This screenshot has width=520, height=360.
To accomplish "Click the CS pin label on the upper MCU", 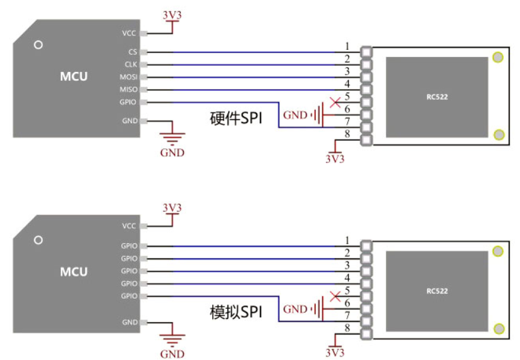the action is tap(133, 52).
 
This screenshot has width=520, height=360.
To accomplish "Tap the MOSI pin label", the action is tap(128, 77).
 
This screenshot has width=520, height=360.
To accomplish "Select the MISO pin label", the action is tap(128, 90).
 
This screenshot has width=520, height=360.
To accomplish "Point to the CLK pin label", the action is tap(131, 64).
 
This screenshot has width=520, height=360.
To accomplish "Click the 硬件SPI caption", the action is tap(236, 118).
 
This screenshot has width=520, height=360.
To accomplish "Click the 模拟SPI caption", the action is tap(236, 312).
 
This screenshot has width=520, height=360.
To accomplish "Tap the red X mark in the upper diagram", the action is tap(336, 102).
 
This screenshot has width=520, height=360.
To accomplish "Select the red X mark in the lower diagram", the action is tap(336, 296).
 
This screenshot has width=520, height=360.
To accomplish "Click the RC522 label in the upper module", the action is tap(437, 97).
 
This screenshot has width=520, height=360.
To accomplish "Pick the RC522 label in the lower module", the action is tap(437, 291).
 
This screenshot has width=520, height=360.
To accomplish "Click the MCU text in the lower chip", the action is tap(74, 272).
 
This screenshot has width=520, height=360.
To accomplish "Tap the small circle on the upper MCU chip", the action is tap(39, 45).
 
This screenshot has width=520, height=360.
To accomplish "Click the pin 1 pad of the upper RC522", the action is tap(366, 52).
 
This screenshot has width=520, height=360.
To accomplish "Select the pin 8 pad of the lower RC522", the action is tap(366, 334).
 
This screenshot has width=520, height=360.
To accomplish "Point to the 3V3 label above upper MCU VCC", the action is tap(172, 15).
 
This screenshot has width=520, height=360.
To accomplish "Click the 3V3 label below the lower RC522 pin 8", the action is tap(335, 352).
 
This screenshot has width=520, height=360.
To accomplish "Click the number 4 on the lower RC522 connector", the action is tap(348, 277).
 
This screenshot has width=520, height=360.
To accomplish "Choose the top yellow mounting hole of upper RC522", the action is tap(498, 57).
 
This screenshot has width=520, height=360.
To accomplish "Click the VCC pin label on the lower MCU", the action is tap(129, 226).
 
